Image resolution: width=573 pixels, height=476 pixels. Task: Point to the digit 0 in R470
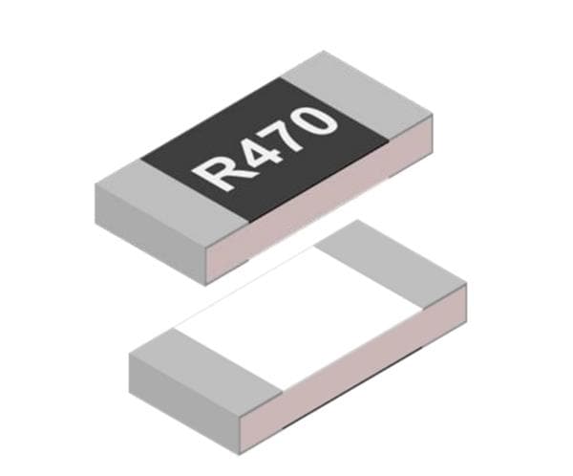point(320,119)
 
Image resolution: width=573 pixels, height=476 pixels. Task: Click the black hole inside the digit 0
point(320,119)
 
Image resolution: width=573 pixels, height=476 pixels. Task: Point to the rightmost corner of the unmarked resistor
point(466,284)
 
